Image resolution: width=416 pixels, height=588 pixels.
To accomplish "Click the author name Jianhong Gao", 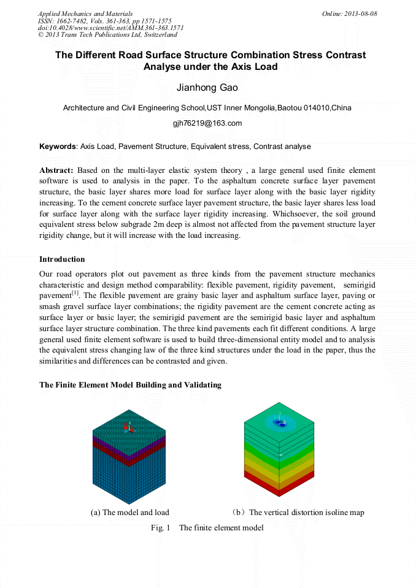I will pyautogui.click(x=207, y=88).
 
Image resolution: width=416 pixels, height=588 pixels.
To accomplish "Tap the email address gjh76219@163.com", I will pyautogui.click(x=207, y=123).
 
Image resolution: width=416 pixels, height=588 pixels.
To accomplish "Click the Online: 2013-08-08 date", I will pyautogui.click(x=349, y=13).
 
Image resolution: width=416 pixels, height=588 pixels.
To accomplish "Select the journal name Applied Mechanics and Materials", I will pyautogui.click(x=85, y=13).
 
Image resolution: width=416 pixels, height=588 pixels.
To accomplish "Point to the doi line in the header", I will pyautogui.click(x=110, y=28).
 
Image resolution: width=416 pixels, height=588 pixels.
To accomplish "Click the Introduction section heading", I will pyautogui.click(x=62, y=259).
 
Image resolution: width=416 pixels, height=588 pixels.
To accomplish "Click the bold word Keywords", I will pyautogui.click(x=58, y=147).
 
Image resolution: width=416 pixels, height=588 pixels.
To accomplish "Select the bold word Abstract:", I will pyautogui.click(x=56, y=170).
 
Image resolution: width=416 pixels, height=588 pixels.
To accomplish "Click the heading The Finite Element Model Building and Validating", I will pyautogui.click(x=130, y=385).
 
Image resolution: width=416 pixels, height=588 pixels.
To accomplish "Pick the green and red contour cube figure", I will pyautogui.click(x=279, y=452).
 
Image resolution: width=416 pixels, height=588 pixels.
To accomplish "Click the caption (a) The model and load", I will pyautogui.click(x=130, y=513).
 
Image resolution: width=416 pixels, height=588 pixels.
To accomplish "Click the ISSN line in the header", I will pyautogui.click(x=104, y=21).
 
